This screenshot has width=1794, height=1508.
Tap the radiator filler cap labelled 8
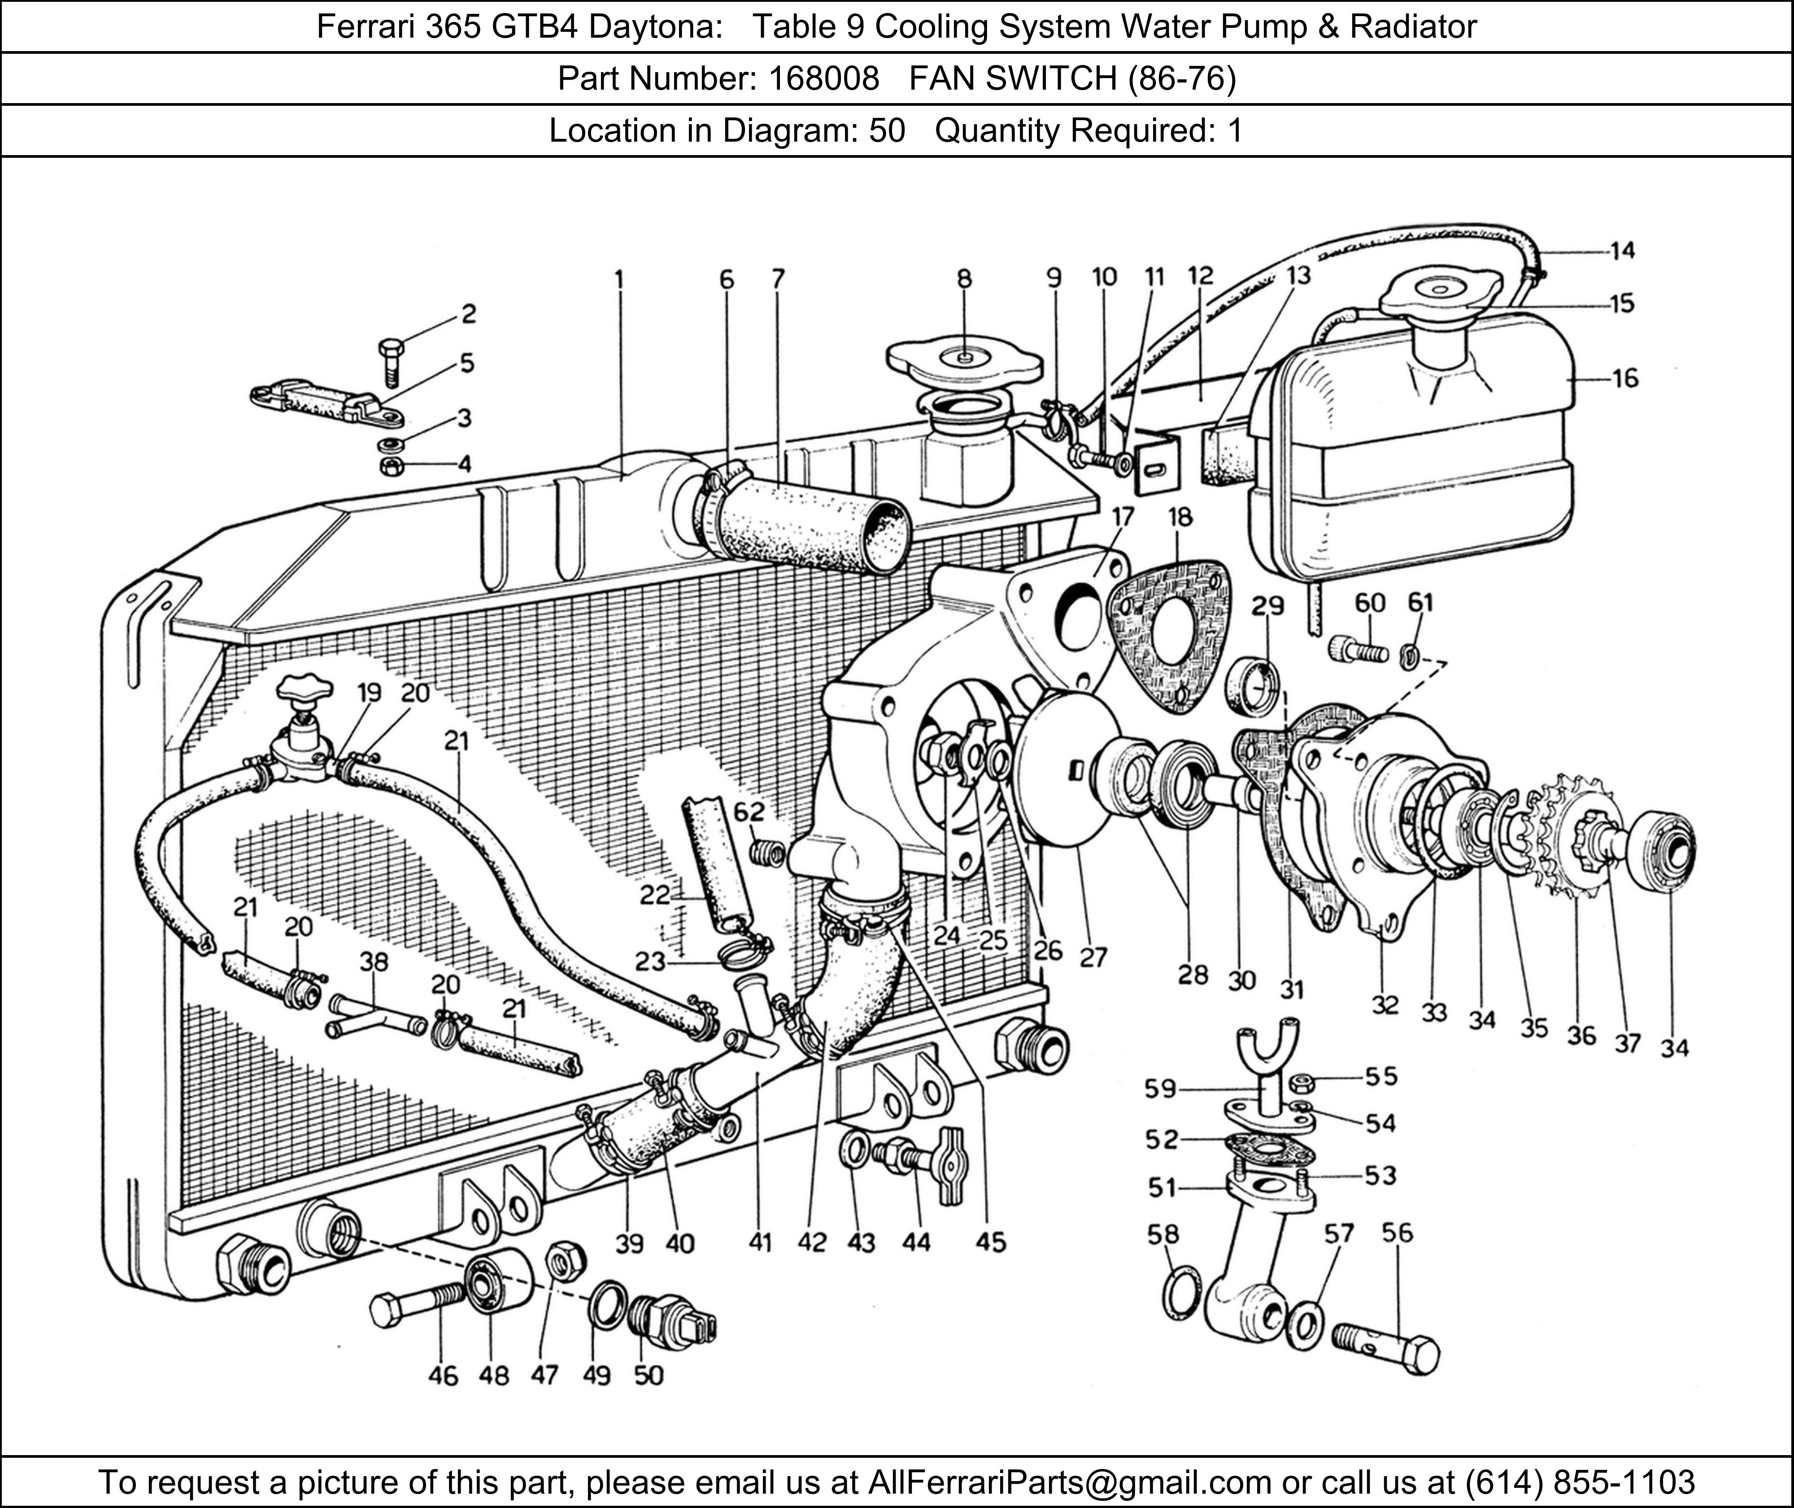(964, 363)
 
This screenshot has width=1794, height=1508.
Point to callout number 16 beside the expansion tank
(1624, 378)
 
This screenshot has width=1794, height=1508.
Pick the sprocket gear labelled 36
(1572, 833)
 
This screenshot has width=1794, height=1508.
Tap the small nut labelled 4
(391, 466)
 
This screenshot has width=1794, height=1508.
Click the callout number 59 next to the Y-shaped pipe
(1160, 1088)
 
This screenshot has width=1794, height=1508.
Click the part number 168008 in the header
(823, 78)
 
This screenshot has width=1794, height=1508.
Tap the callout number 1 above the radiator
(618, 280)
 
